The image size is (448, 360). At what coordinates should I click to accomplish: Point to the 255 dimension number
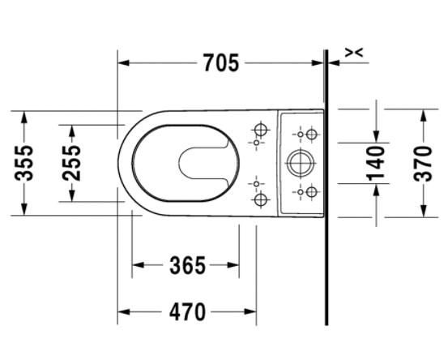coord(72,162)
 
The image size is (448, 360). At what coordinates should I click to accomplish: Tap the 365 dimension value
coord(187,265)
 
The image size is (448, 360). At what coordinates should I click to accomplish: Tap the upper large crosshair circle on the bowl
coord(261,129)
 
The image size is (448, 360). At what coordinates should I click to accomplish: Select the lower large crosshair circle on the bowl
coord(261,198)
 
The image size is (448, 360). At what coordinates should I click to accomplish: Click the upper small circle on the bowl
coord(256,144)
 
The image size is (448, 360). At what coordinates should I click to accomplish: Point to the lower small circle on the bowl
coord(256,182)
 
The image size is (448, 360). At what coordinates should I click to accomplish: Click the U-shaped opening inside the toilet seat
coord(194,163)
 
